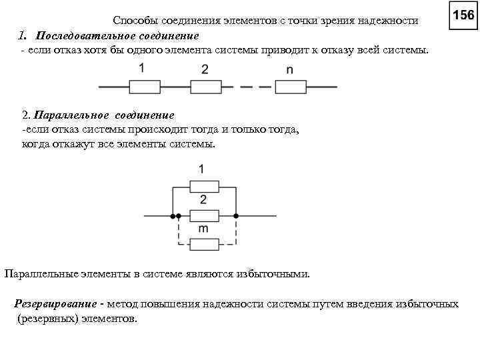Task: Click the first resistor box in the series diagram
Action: tap(144, 87)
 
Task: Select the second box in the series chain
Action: tap(205, 87)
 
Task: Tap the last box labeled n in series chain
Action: tap(290, 87)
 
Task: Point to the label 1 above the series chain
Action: tap(142, 67)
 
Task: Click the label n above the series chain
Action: tap(289, 69)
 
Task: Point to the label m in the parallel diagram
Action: tap(203, 229)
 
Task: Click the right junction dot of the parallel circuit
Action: tap(236, 216)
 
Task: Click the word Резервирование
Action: tap(56, 304)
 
